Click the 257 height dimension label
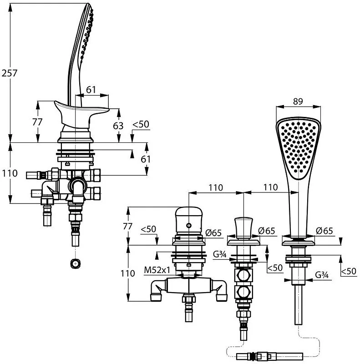(9, 73)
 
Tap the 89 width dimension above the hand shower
(298, 101)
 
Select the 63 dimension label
(118, 126)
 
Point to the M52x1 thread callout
(157, 270)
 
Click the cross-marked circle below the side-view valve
(75, 263)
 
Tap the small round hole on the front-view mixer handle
(189, 225)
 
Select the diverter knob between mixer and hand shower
(243, 228)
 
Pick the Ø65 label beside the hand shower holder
(324, 231)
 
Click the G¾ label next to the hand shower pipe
(322, 275)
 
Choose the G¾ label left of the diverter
(219, 254)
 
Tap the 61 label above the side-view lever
(91, 90)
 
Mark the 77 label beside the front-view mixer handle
(127, 226)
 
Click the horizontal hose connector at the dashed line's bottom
(269, 356)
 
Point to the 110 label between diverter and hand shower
(271, 187)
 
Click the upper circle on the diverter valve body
(243, 276)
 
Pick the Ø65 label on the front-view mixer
(213, 233)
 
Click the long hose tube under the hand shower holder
(299, 304)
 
